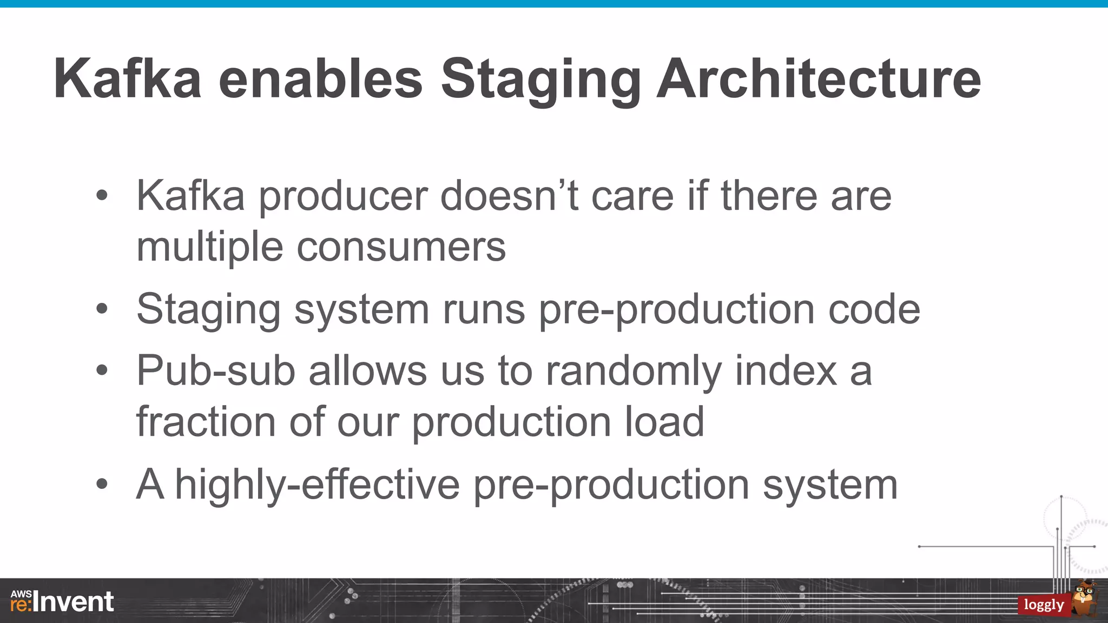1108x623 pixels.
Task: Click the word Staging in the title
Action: tap(540, 79)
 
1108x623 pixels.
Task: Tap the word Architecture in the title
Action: tap(819, 79)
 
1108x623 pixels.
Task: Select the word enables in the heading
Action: tap(320, 79)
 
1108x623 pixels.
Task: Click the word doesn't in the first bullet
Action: tap(509, 196)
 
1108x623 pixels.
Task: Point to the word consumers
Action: tap(401, 247)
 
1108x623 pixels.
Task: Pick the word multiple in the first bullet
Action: tap(209, 247)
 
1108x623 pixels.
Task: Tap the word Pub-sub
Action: tap(216, 371)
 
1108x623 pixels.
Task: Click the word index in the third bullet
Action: tap(786, 371)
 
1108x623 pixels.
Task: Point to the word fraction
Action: tap(206, 421)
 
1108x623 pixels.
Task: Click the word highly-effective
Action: tap(318, 485)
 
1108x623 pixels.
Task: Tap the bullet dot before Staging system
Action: tap(102, 310)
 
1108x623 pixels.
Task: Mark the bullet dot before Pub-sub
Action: tap(102, 372)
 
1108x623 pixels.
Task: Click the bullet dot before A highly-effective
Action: tap(102, 485)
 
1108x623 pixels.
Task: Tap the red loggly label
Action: tap(1044, 605)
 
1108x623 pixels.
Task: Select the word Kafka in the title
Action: tap(128, 79)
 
